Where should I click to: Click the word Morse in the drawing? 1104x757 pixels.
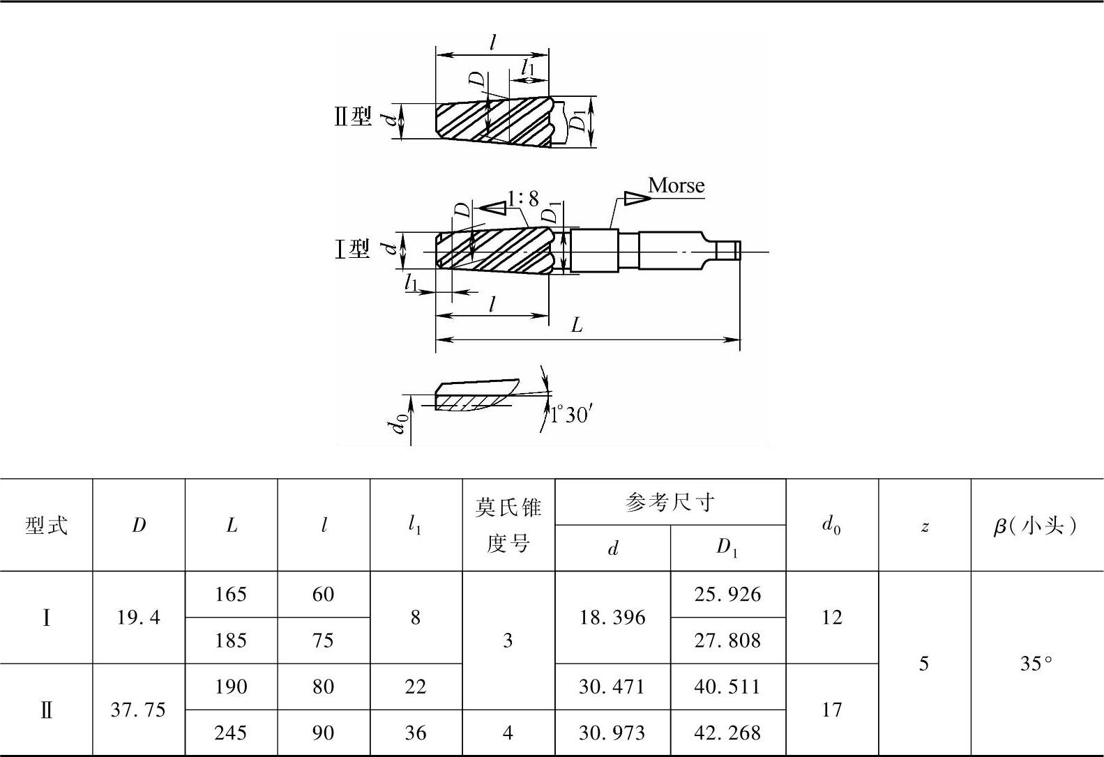pyautogui.click(x=676, y=185)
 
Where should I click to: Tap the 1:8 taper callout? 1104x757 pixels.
pyautogui.click(x=523, y=199)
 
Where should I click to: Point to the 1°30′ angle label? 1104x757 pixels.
pyautogui.click(x=570, y=415)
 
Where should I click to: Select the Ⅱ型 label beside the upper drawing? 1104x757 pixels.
pyautogui.click(x=353, y=116)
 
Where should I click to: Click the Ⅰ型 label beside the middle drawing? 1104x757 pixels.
pyautogui.click(x=353, y=249)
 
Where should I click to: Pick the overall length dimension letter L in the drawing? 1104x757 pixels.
pyautogui.click(x=577, y=326)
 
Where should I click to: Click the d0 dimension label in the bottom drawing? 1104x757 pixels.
pyautogui.click(x=398, y=422)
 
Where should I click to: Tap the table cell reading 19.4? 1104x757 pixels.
pyautogui.click(x=139, y=618)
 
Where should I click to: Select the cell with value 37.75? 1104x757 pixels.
pyautogui.click(x=139, y=710)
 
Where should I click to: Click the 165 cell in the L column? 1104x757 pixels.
pyautogui.click(x=231, y=595)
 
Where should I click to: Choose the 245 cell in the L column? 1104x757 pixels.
pyautogui.click(x=231, y=733)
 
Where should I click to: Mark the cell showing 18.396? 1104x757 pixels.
pyautogui.click(x=612, y=618)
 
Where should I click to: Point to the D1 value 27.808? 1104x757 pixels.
pyautogui.click(x=727, y=641)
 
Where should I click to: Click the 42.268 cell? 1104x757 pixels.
pyautogui.click(x=727, y=733)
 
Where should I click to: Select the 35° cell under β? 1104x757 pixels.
pyautogui.click(x=1036, y=664)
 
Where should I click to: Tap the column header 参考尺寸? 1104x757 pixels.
pyautogui.click(x=670, y=502)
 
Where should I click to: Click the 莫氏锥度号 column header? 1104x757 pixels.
pyautogui.click(x=508, y=525)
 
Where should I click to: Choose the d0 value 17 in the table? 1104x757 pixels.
pyautogui.click(x=832, y=710)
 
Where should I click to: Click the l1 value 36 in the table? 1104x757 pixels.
pyautogui.click(x=415, y=733)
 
